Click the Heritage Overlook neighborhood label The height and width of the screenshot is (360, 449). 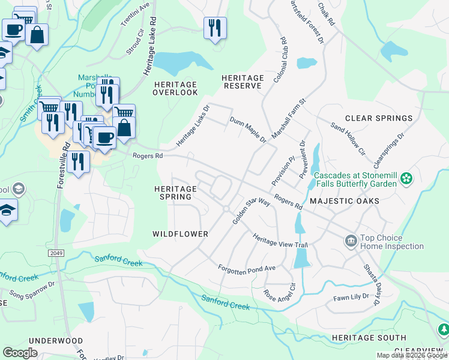[175, 88]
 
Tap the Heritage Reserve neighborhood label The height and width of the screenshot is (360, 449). [243, 82]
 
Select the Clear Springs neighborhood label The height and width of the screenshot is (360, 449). [379, 118]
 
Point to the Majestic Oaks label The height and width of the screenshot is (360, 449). [344, 201]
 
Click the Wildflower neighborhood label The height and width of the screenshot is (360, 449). [180, 234]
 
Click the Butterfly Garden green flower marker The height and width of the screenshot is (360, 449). [407, 178]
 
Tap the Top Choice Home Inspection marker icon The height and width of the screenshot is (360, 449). [351, 242]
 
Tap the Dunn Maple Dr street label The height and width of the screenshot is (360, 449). [248, 130]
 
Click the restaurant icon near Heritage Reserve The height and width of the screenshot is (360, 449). [215, 28]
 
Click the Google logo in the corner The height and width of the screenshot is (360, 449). [20, 353]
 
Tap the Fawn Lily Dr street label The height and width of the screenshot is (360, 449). [354, 298]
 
